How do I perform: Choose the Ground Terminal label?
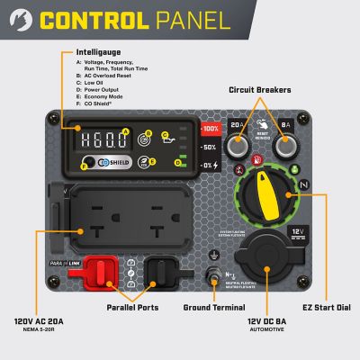point(211,307)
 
